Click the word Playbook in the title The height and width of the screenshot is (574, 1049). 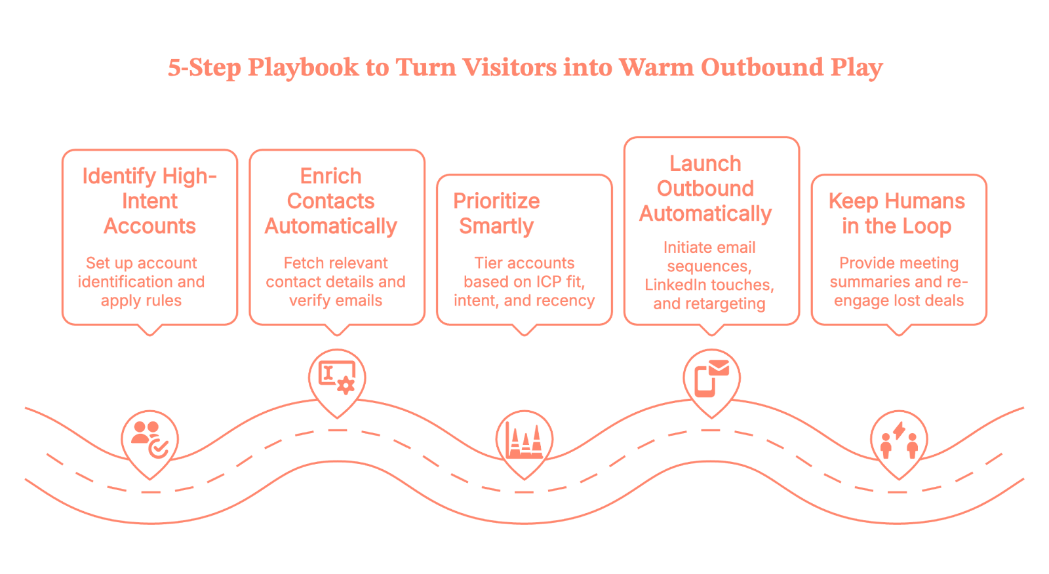point(303,68)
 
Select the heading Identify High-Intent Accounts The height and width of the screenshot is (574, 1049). point(149,201)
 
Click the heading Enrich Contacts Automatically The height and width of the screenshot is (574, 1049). point(330,201)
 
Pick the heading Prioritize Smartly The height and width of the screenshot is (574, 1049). point(496,213)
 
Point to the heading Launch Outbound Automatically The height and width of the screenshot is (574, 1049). point(705,188)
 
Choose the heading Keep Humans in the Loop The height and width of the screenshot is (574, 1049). point(896,213)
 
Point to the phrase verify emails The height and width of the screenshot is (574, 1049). point(336,301)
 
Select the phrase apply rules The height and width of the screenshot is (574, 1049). point(141,301)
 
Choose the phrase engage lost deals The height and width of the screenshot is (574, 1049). point(899,301)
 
